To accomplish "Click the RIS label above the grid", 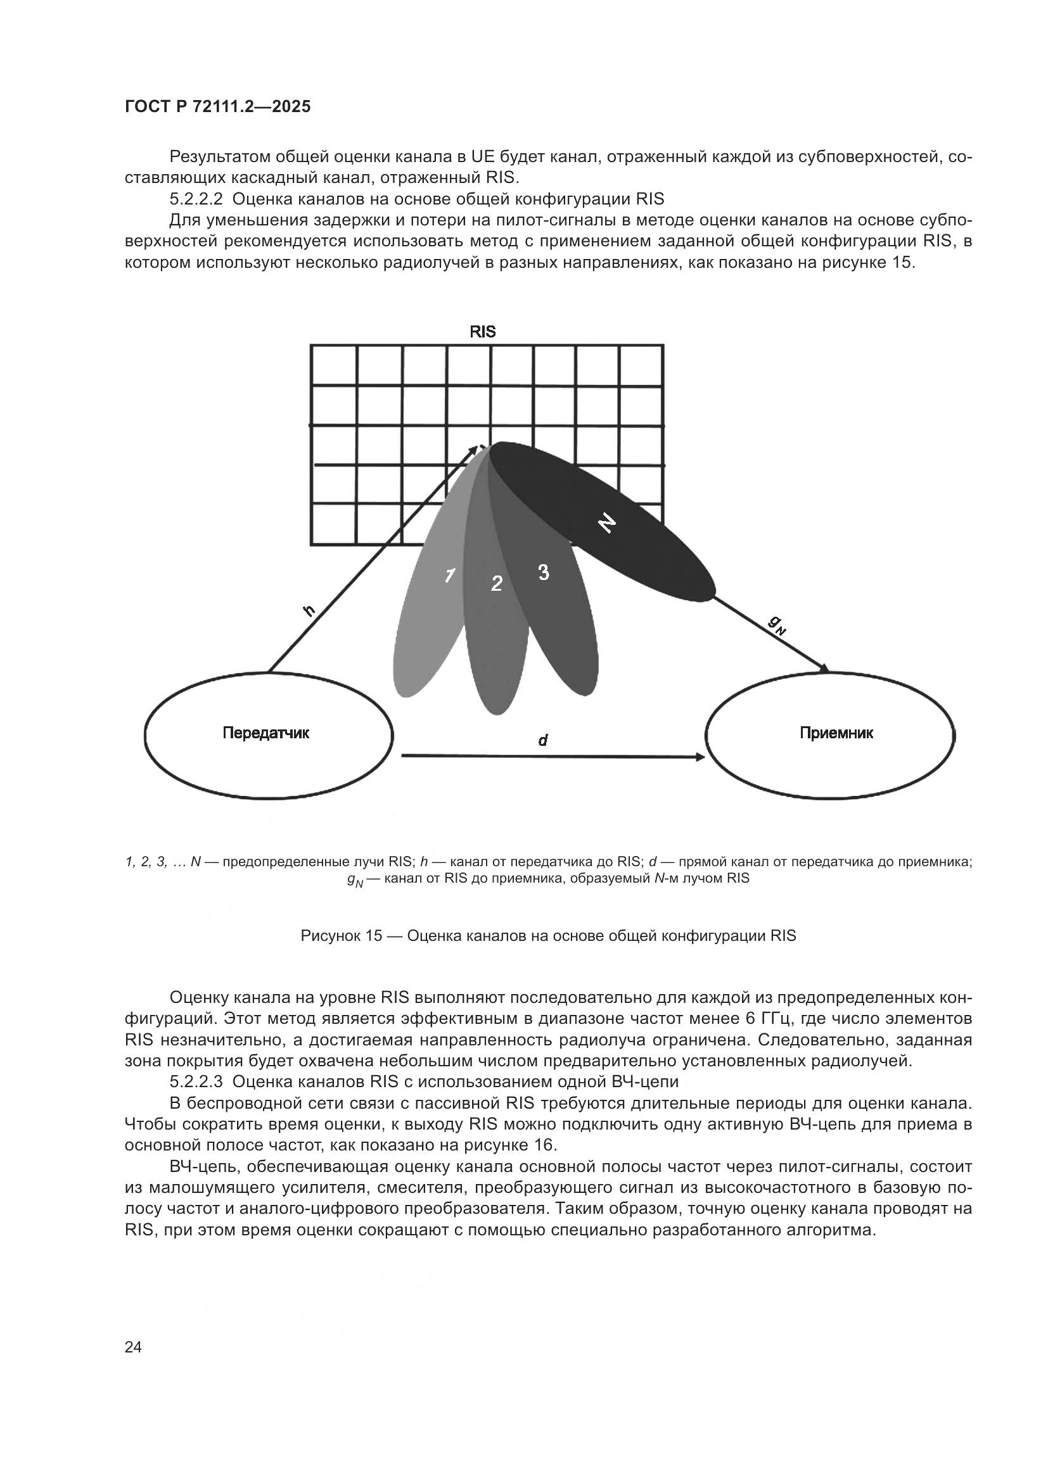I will [482, 332].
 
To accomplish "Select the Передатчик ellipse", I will [269, 734].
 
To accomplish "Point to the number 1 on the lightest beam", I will [451, 576].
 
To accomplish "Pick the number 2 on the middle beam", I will [496, 584].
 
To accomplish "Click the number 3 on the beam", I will [544, 572].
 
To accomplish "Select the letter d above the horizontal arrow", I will [543, 741].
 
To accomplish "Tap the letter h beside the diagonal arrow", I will [310, 610].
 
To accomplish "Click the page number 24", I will [133, 1347].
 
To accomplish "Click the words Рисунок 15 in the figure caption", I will [342, 936].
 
